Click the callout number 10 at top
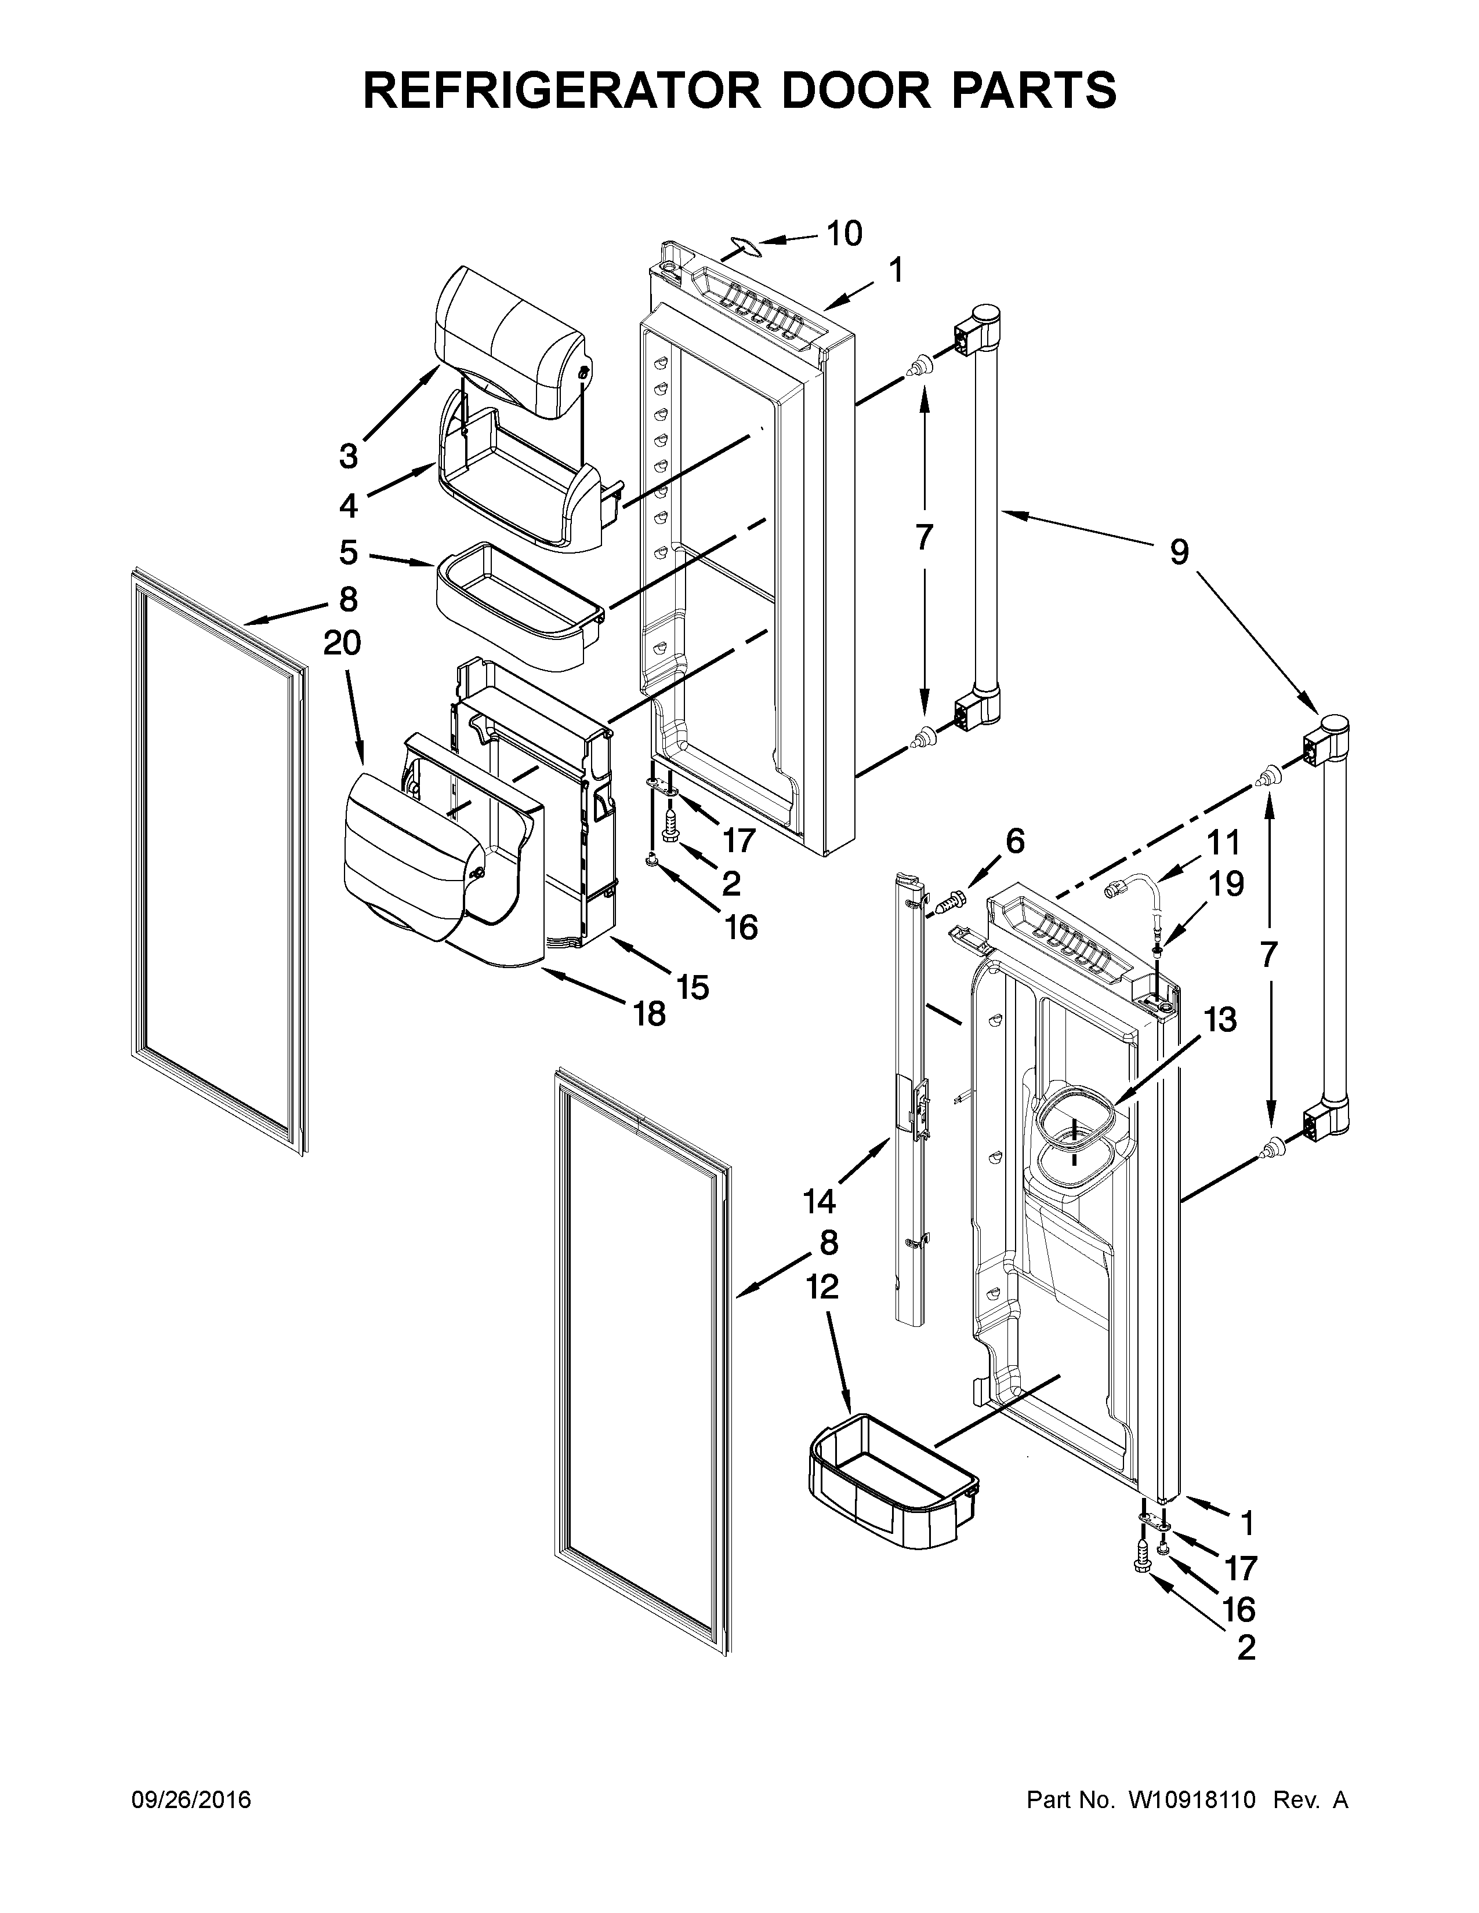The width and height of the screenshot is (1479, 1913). point(844,233)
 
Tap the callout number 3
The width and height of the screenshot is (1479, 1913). point(349,456)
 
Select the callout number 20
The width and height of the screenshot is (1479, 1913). point(342,643)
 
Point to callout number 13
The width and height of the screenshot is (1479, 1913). point(1220,1020)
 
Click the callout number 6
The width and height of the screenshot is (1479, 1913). point(1014,842)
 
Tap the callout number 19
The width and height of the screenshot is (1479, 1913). point(1227,884)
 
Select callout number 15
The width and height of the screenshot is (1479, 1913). point(692,987)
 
